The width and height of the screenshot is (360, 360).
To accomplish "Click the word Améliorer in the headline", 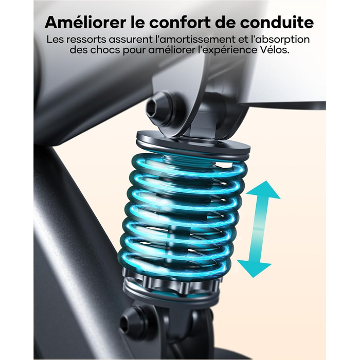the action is (x=85, y=22).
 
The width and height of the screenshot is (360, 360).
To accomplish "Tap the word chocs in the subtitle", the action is (x=105, y=50).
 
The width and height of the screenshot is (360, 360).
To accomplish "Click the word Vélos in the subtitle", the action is (x=276, y=50).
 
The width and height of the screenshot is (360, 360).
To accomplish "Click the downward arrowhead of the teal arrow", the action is (x=254, y=268).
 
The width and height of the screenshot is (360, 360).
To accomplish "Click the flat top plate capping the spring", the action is (x=193, y=143).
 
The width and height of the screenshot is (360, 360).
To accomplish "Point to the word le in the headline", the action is (x=138, y=22).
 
